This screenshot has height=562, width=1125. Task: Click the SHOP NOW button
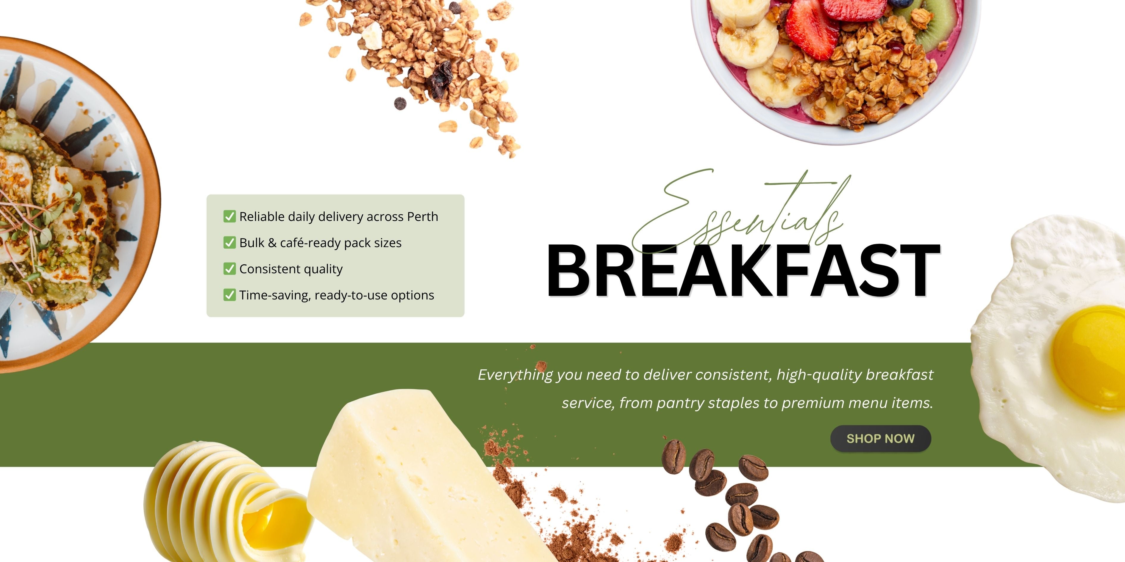[x=880, y=439]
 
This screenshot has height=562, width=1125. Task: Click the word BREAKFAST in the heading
[x=743, y=271]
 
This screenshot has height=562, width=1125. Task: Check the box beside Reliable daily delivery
[x=229, y=216]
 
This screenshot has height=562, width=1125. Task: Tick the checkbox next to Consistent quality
[x=229, y=269]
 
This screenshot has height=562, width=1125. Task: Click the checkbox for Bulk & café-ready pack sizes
[x=229, y=243]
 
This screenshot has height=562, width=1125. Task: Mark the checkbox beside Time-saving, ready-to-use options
[x=229, y=295]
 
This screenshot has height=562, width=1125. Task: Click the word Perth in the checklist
[x=422, y=216]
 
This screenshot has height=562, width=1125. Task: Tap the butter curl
[x=227, y=502]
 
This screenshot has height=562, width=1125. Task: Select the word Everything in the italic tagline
[x=515, y=375]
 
